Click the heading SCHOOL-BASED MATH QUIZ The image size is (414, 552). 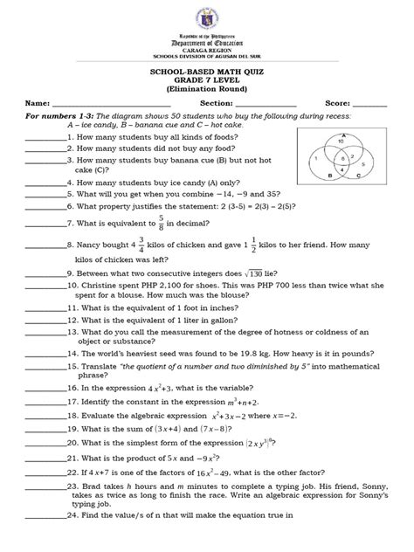207,72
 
